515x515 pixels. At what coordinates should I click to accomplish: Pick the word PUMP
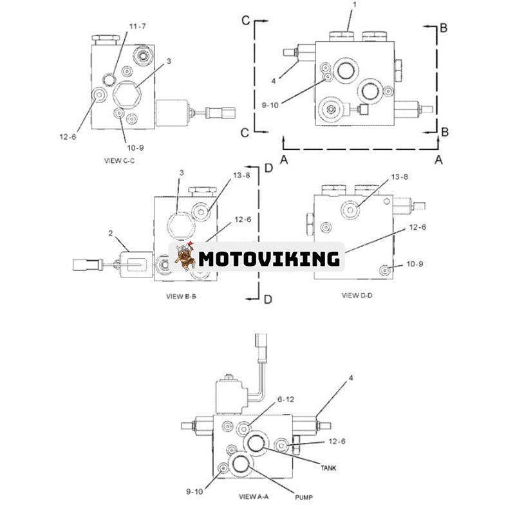click(x=306, y=497)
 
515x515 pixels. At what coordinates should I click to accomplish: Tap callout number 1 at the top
click(x=352, y=5)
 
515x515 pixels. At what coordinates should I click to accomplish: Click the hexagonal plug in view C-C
click(x=127, y=96)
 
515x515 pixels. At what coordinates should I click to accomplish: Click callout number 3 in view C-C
click(x=169, y=62)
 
